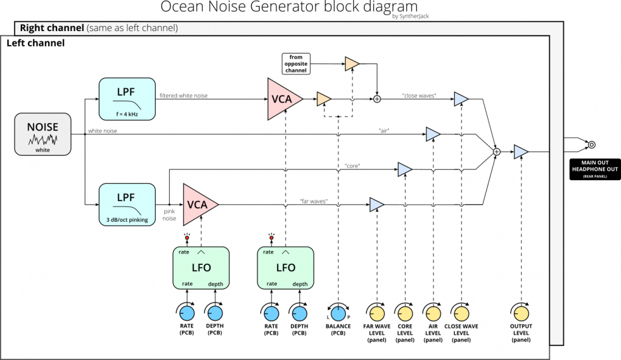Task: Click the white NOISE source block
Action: click(43, 133)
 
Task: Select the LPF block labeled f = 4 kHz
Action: click(127, 98)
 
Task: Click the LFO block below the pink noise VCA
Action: click(200, 268)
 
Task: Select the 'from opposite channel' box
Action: click(296, 64)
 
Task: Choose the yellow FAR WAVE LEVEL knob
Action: click(377, 313)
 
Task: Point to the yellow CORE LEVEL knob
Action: click(405, 313)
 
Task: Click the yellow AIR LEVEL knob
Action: click(433, 313)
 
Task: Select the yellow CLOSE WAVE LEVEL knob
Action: click(461, 313)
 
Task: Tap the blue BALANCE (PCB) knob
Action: click(339, 313)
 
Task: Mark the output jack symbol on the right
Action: click(591, 144)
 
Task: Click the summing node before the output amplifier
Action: click(497, 152)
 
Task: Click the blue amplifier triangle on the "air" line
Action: click(432, 133)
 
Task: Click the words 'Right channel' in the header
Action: click(52, 28)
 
